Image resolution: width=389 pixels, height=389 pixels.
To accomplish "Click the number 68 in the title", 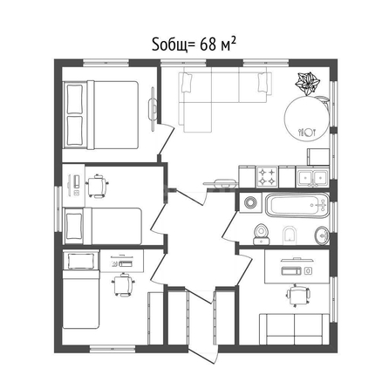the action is coord(208,44).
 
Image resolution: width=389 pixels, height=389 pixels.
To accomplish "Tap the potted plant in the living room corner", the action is coord(307,84).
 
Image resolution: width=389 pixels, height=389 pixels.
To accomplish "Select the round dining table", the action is coord(306,119).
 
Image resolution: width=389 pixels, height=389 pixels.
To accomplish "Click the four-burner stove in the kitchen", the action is coord(267,177).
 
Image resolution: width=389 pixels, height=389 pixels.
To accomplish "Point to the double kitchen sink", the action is coord(312,177).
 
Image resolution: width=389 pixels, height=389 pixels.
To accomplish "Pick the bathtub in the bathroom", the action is coord(297,205).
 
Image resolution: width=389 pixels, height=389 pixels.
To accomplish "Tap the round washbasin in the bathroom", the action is coord(322,235).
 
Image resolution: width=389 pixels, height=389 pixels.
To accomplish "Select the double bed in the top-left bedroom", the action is coord(100,115).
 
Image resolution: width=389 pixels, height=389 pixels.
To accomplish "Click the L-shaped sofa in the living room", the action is coord(224,99).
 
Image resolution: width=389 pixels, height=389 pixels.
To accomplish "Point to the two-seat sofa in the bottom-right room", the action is coord(294,329).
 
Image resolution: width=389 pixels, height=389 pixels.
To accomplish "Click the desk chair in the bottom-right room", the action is coord(298,296).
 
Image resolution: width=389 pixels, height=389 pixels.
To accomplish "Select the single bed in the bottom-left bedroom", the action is coord(81,299).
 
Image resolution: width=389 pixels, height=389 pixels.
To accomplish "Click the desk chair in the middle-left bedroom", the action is coord(97,186).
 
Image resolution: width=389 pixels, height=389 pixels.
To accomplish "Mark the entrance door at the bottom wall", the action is coord(203,354).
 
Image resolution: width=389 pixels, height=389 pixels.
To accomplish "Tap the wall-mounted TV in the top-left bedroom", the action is coord(153,109).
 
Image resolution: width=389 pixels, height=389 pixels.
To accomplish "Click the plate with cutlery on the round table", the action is coord(307,133).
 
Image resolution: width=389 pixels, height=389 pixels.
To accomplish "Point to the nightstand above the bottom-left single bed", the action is coord(81,261).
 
